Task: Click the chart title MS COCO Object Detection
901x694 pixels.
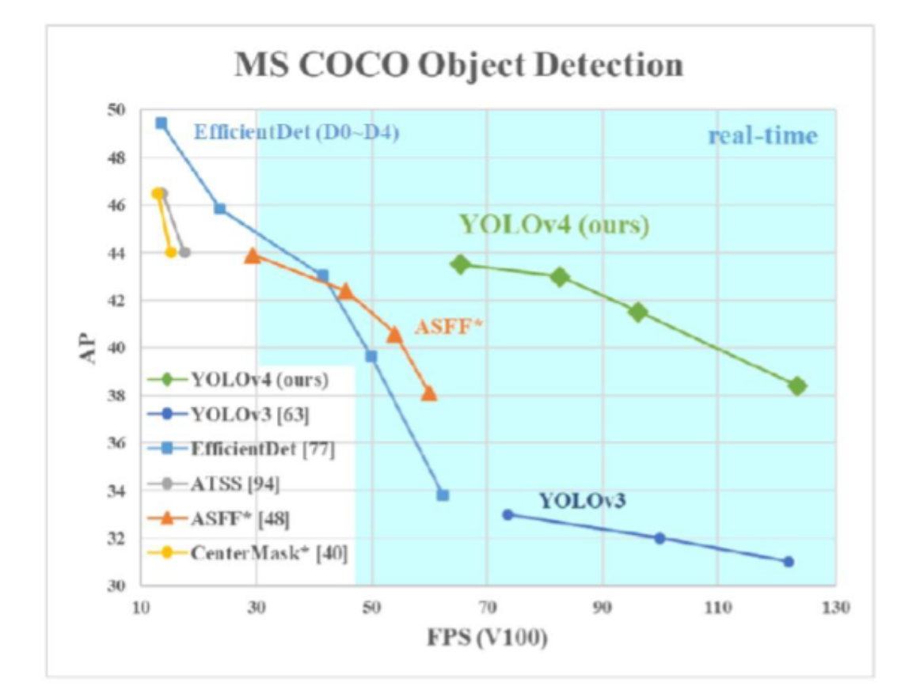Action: [x=458, y=65]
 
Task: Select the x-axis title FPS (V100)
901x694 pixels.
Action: [x=489, y=637]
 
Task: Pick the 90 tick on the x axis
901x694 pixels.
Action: [x=603, y=608]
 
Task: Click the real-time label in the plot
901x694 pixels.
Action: [x=762, y=136]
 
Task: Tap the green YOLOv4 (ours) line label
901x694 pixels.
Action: [x=554, y=225]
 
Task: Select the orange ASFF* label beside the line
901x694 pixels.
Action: [x=448, y=326]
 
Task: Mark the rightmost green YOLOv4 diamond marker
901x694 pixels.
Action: [x=797, y=386]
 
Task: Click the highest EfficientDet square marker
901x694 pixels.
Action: [x=161, y=123]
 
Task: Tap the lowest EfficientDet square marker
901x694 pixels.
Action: [x=443, y=495]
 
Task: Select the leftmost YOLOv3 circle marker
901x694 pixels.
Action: [x=508, y=514]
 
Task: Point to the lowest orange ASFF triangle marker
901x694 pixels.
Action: [x=429, y=393]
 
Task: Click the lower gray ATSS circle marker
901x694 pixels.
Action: [x=184, y=252]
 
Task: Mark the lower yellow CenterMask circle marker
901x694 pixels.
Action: [x=170, y=252]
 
